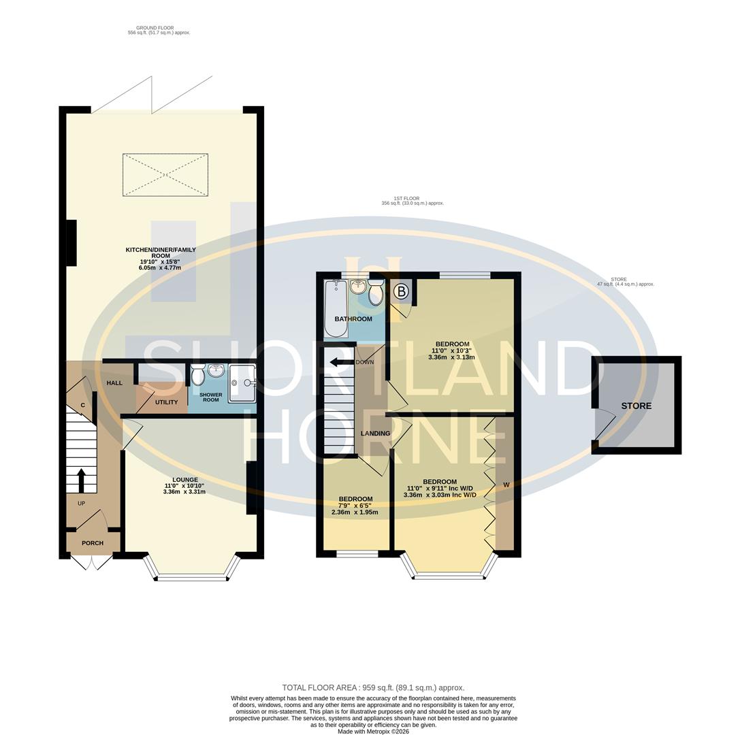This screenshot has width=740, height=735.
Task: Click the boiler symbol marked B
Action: (x=401, y=292)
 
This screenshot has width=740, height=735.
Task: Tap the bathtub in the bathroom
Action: (x=336, y=310)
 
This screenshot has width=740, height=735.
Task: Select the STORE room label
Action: (x=636, y=406)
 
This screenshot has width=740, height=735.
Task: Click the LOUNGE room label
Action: (x=185, y=480)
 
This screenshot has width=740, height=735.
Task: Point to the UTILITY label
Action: (x=166, y=402)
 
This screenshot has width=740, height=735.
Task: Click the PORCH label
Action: (x=93, y=543)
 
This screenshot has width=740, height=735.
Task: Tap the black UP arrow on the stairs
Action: (x=82, y=480)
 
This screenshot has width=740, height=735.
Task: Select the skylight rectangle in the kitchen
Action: (x=165, y=175)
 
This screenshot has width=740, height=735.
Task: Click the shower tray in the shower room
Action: (x=242, y=383)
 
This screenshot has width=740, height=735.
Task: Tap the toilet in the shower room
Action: (x=198, y=375)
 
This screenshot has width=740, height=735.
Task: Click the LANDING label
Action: (x=375, y=434)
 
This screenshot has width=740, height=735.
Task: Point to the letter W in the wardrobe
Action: (x=506, y=485)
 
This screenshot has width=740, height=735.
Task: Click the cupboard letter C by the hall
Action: (x=83, y=406)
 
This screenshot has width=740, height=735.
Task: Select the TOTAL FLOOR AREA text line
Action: (x=373, y=687)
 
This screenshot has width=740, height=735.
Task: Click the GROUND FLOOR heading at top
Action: (x=155, y=28)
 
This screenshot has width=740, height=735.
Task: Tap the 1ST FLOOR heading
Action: (x=406, y=199)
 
